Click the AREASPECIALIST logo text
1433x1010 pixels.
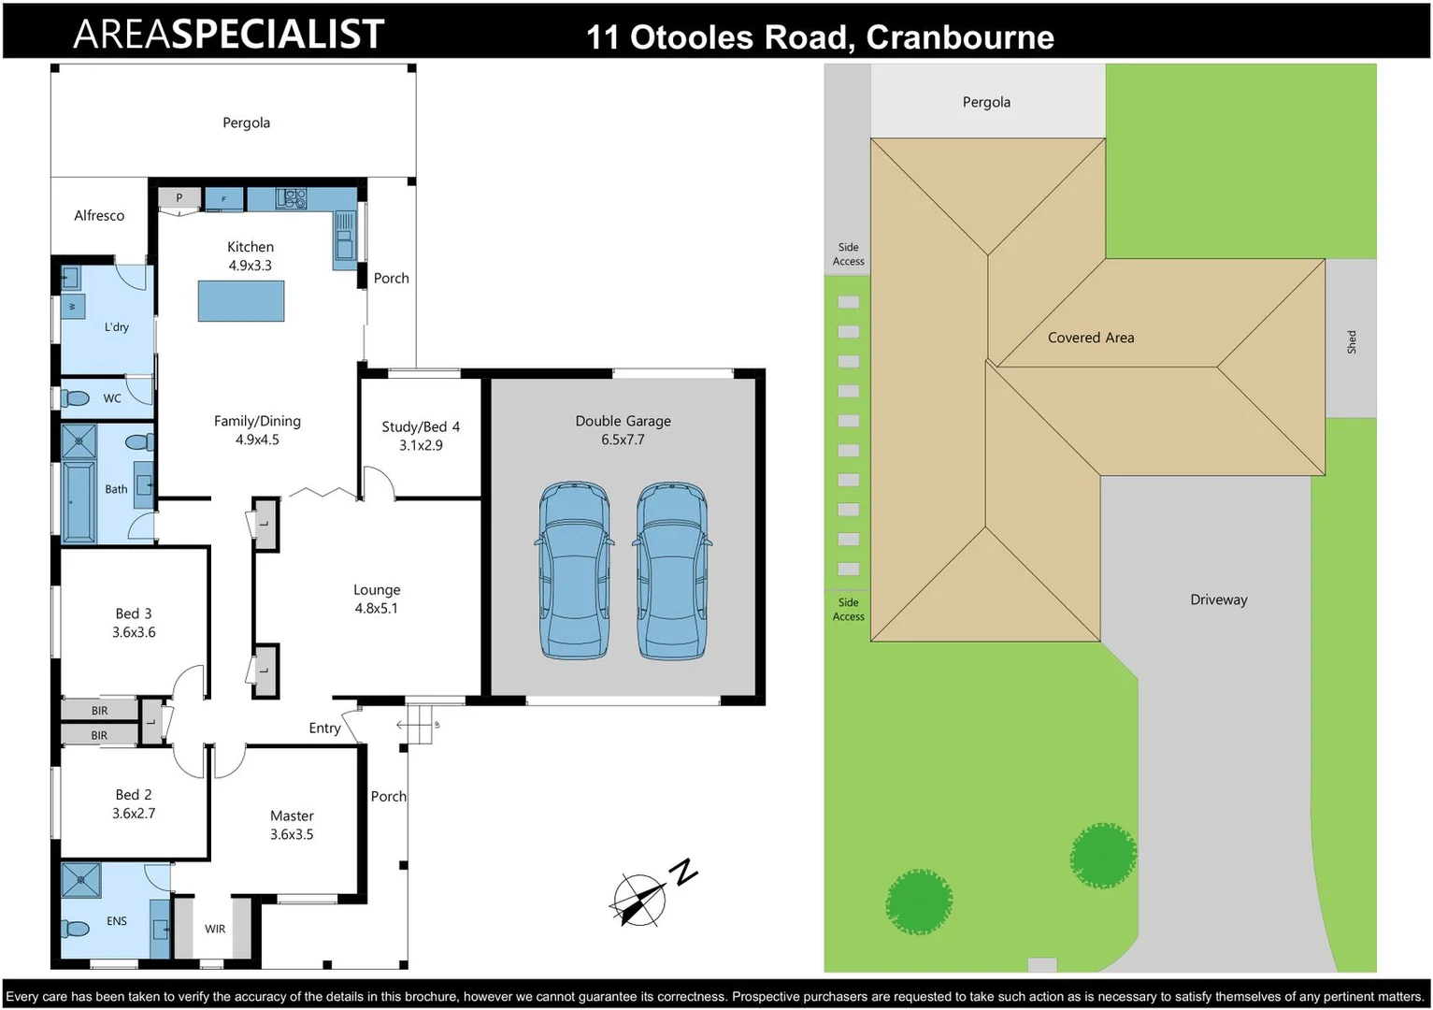228,35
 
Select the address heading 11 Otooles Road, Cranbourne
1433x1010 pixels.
820,37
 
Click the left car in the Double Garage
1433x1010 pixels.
574,570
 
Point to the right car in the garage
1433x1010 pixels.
672,570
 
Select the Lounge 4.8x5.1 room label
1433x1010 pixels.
377,599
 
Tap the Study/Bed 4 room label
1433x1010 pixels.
421,436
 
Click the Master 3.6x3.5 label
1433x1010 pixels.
292,825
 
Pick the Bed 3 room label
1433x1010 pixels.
134,623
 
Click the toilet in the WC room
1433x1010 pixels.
77,398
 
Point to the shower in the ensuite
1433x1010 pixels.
80,879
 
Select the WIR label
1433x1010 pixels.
215,929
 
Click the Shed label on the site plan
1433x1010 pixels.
1351,341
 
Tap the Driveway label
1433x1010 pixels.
1218,599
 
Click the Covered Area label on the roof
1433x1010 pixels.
1090,338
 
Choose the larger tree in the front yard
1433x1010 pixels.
919,902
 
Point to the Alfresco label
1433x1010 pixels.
99,215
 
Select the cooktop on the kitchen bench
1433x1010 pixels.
292,198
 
